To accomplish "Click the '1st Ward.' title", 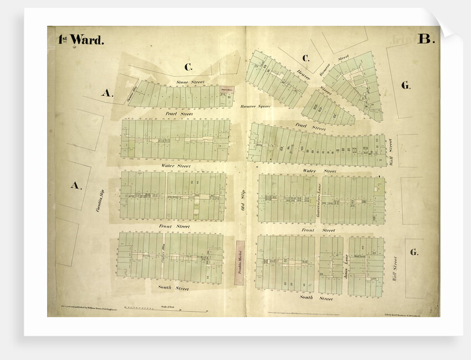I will click(x=81, y=40).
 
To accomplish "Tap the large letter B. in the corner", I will click(x=426, y=39).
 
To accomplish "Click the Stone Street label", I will click(x=190, y=82).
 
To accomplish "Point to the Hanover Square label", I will click(x=255, y=106).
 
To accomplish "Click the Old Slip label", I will click(x=242, y=200).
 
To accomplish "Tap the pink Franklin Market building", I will click(x=239, y=263).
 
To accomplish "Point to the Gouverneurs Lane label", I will click(x=318, y=198).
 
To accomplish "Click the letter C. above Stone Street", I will click(x=188, y=68).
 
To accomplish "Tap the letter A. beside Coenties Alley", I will click(x=107, y=93).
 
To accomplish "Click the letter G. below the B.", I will click(x=406, y=85).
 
